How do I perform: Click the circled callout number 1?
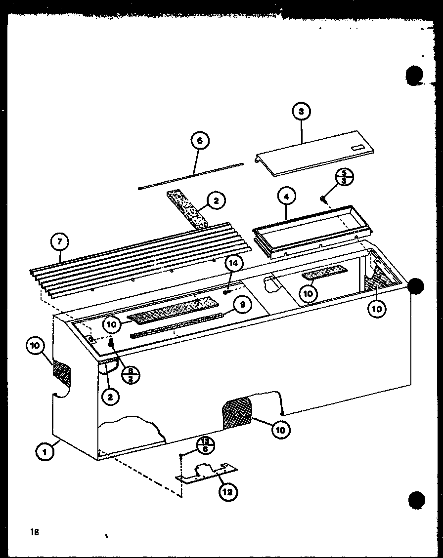(x=45, y=451)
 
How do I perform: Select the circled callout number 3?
(x=301, y=112)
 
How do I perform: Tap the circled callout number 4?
(x=286, y=197)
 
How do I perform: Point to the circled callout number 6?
(x=199, y=141)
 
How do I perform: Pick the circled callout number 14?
(x=233, y=263)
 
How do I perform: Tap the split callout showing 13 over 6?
(x=205, y=444)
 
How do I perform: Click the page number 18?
(x=34, y=532)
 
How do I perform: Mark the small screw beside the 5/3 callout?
(x=323, y=199)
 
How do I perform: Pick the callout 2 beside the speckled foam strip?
(x=216, y=200)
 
